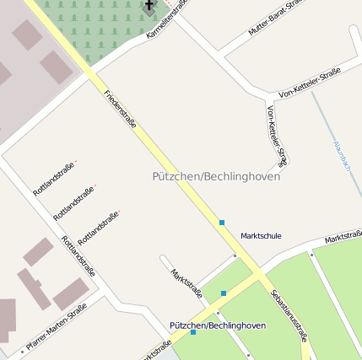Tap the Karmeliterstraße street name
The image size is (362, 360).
(x=165, y=19)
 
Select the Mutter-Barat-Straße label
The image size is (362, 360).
(x=275, y=17)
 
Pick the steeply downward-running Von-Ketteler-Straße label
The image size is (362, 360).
(x=278, y=134)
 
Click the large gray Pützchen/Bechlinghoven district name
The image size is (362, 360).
(x=216, y=177)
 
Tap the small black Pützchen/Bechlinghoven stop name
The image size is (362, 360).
(x=218, y=325)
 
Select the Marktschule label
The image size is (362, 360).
(x=261, y=236)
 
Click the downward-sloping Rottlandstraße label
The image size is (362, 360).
(x=78, y=260)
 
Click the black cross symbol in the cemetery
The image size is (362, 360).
(x=149, y=8)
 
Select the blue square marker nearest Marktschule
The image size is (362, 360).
(x=222, y=223)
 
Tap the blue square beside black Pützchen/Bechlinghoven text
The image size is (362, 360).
(x=193, y=332)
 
